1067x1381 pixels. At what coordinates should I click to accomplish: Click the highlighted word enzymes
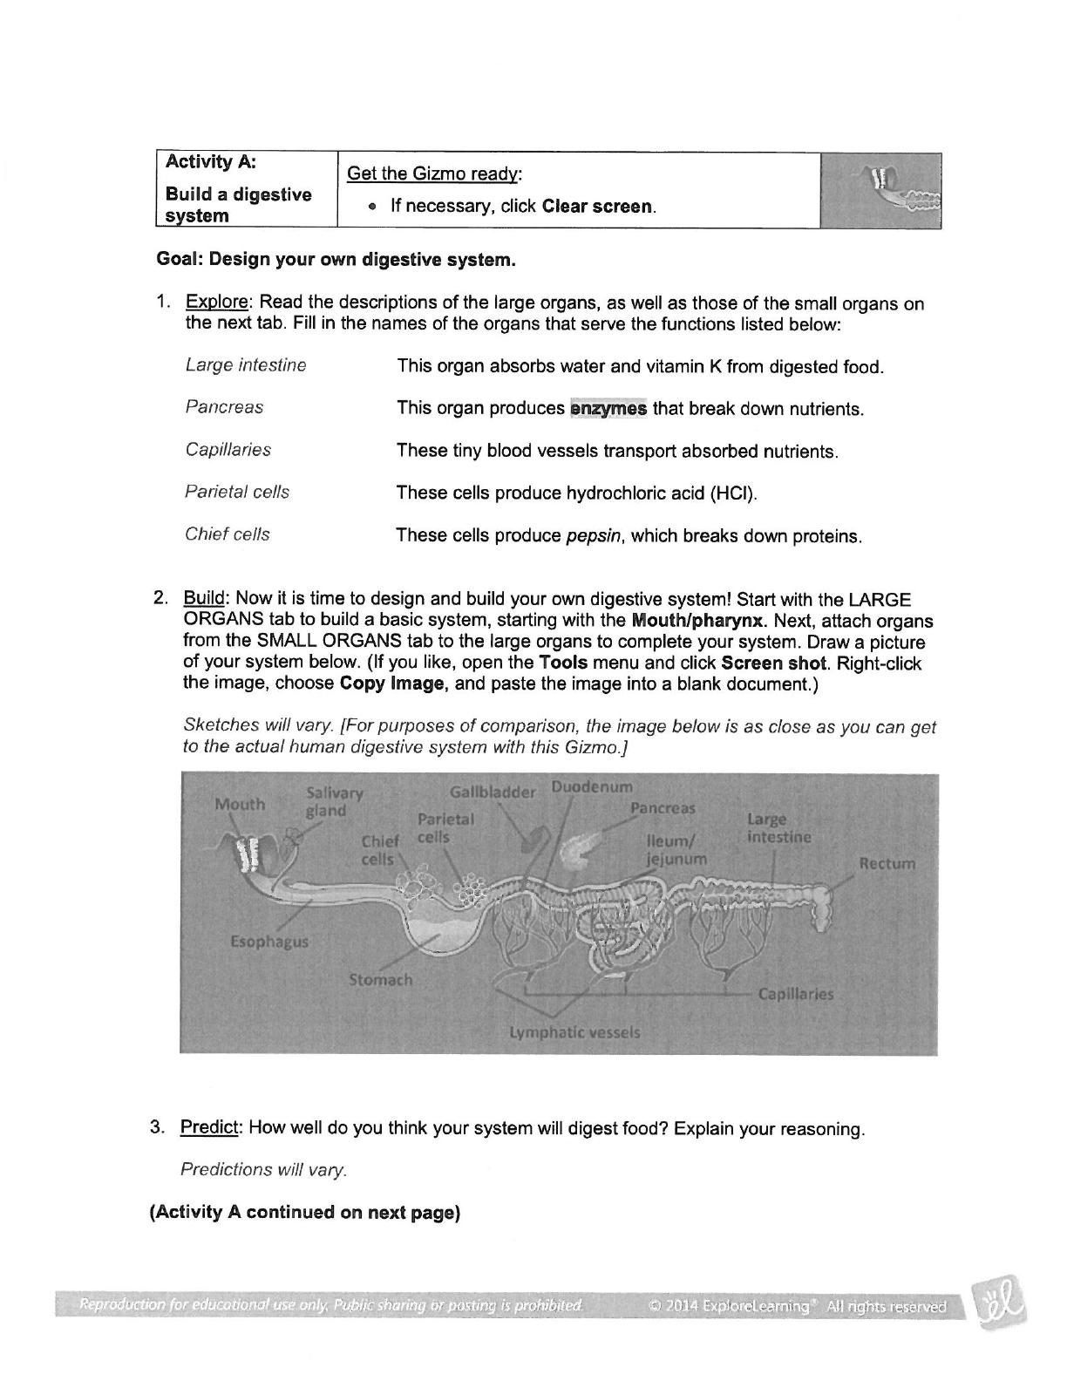point(608,408)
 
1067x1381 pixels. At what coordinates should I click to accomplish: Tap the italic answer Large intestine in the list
point(246,365)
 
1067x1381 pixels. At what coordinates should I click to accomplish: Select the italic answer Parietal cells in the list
point(237,492)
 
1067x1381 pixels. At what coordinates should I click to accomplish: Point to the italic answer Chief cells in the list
point(228,534)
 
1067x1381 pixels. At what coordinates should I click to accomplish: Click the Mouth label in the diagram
point(240,804)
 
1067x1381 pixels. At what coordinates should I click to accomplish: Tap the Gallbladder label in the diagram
point(493,793)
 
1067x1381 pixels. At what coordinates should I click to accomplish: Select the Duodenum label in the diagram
point(592,787)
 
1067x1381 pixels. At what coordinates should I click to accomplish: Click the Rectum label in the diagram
point(887,864)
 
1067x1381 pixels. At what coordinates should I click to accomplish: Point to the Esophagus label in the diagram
point(269,942)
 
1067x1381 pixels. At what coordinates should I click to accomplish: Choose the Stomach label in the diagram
point(381,980)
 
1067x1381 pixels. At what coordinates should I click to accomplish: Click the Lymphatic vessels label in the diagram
point(574,1032)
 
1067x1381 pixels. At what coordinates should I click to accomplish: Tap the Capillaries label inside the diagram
point(795,994)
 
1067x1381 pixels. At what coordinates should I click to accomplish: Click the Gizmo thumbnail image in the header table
point(880,190)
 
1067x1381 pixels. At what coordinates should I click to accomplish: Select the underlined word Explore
point(217,303)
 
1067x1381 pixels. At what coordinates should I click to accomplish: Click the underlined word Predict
point(208,1128)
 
